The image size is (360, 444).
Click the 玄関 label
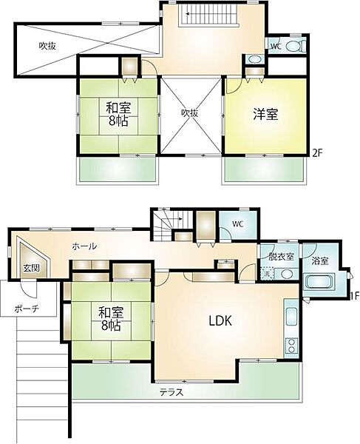pos(30,268)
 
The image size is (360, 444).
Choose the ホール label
pos(83,246)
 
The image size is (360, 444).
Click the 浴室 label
pos(319,260)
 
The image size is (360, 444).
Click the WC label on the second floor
pos(275,46)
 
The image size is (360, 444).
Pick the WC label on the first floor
pos(237,224)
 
